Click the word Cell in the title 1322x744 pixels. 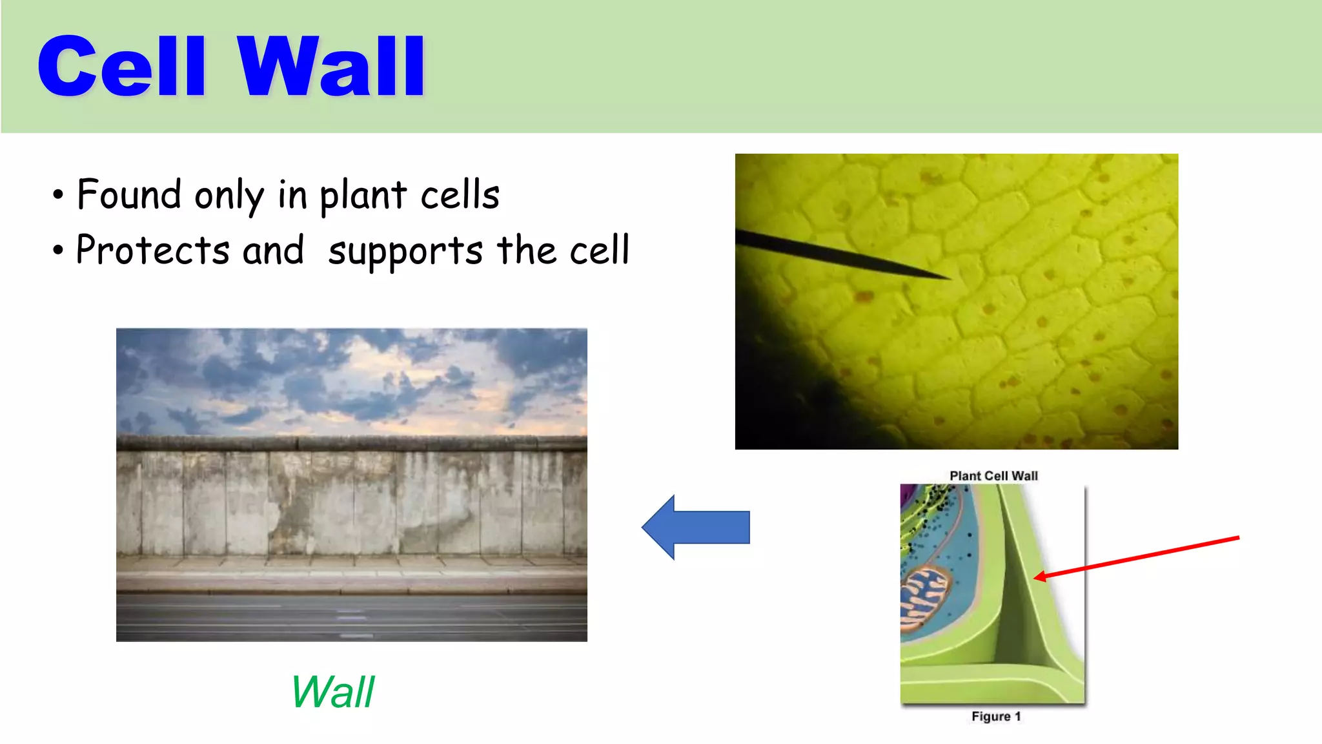pos(121,67)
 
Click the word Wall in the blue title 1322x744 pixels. pos(330,67)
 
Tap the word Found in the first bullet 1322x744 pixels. pos(129,194)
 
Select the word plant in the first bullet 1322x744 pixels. pos(363,196)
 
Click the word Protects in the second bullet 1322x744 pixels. pos(152,251)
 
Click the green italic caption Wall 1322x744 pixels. pos(332,692)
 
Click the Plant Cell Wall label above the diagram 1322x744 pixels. pos(993,476)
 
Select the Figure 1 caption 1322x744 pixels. pos(995,716)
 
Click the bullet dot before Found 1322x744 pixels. pos(59,195)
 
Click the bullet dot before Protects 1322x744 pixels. pos(59,251)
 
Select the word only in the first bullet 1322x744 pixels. pos(229,196)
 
